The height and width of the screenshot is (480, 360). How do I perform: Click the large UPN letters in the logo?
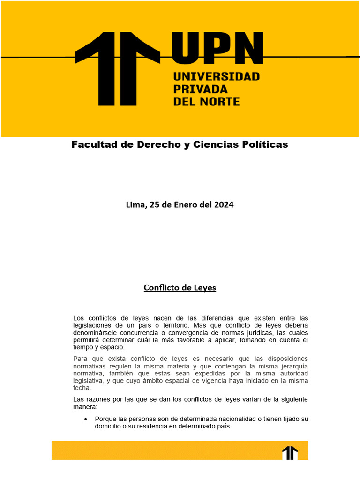(x=217, y=48)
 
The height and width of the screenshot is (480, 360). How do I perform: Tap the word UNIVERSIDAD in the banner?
(x=216, y=76)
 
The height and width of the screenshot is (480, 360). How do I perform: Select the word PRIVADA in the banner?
(x=200, y=89)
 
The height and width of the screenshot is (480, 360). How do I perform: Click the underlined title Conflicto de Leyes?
(x=180, y=288)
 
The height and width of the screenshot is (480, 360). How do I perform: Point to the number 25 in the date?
(x=154, y=205)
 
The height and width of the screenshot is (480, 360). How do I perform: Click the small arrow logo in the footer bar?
(x=290, y=453)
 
